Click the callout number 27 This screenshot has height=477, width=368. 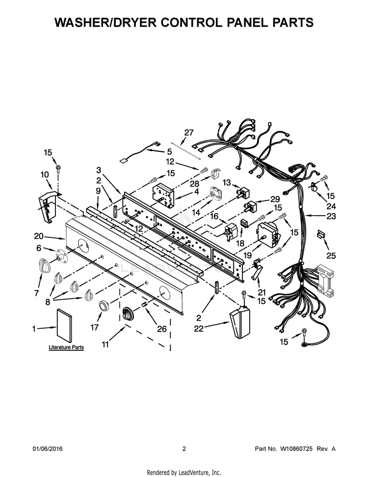point(189,132)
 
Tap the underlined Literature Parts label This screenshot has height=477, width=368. point(66,347)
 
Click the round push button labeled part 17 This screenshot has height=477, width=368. point(104,307)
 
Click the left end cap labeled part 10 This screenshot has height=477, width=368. point(48,202)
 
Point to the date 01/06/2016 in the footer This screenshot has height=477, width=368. point(48,449)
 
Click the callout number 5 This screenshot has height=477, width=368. point(169,151)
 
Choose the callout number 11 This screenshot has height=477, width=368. point(105,345)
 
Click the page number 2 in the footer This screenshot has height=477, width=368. point(184,449)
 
